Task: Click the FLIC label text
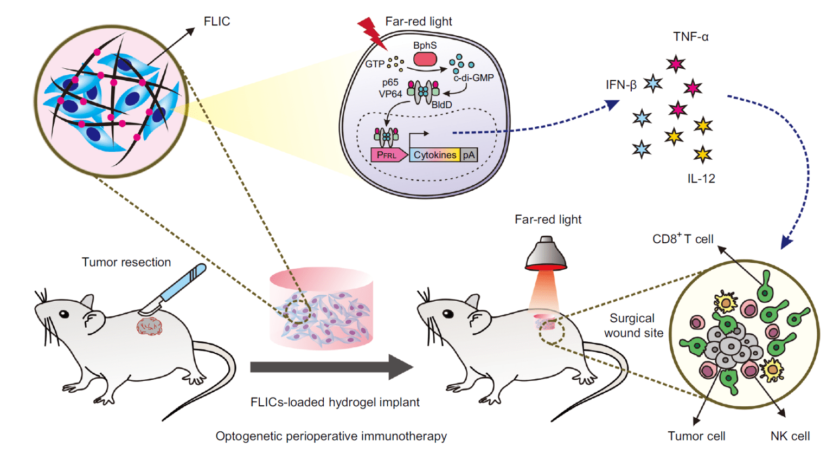217,22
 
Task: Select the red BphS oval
425,59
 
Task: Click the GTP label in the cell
375,64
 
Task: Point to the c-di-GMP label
473,78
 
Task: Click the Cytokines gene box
435,155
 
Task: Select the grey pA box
469,155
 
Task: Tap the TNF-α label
690,37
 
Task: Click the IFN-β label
621,85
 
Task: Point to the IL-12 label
701,179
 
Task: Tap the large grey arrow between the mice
331,367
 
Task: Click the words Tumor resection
126,262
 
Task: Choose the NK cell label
790,436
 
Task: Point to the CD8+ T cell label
683,239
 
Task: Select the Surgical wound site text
633,326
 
